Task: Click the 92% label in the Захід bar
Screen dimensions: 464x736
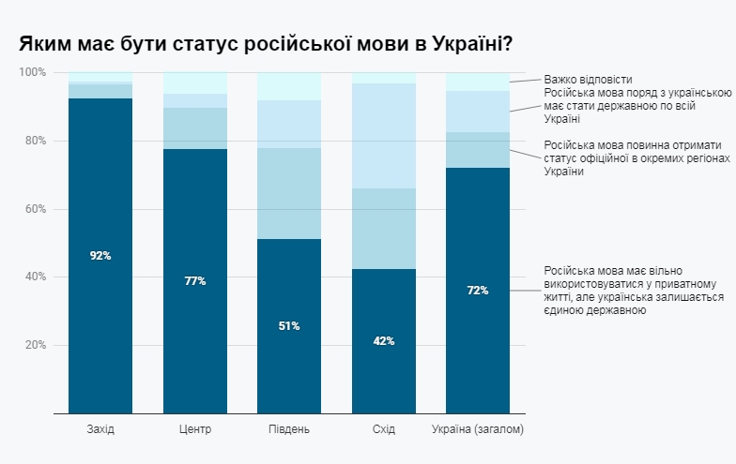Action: pyautogui.click(x=100, y=256)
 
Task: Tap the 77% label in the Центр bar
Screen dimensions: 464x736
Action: pyautogui.click(x=195, y=281)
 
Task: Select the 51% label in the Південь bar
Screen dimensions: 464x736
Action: pyautogui.click(x=289, y=326)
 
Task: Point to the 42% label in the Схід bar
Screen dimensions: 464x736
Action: pyautogui.click(x=383, y=341)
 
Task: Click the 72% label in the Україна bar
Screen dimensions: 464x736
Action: pyautogui.click(x=477, y=291)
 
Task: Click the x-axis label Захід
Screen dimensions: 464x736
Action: pyautogui.click(x=100, y=429)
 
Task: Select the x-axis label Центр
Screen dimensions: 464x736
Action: pyautogui.click(x=195, y=429)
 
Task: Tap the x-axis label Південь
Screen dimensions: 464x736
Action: pyautogui.click(x=289, y=429)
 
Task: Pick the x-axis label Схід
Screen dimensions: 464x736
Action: pyautogui.click(x=383, y=429)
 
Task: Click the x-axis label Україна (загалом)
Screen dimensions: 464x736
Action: pyautogui.click(x=477, y=429)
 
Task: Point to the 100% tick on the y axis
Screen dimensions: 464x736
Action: pyautogui.click(x=33, y=73)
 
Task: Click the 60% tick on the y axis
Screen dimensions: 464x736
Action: pyautogui.click(x=35, y=209)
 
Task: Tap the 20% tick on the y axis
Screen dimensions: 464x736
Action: pyautogui.click(x=35, y=345)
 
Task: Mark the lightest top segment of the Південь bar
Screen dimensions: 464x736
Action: pyautogui.click(x=289, y=86)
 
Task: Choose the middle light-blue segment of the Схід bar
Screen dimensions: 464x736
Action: pyautogui.click(x=383, y=229)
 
